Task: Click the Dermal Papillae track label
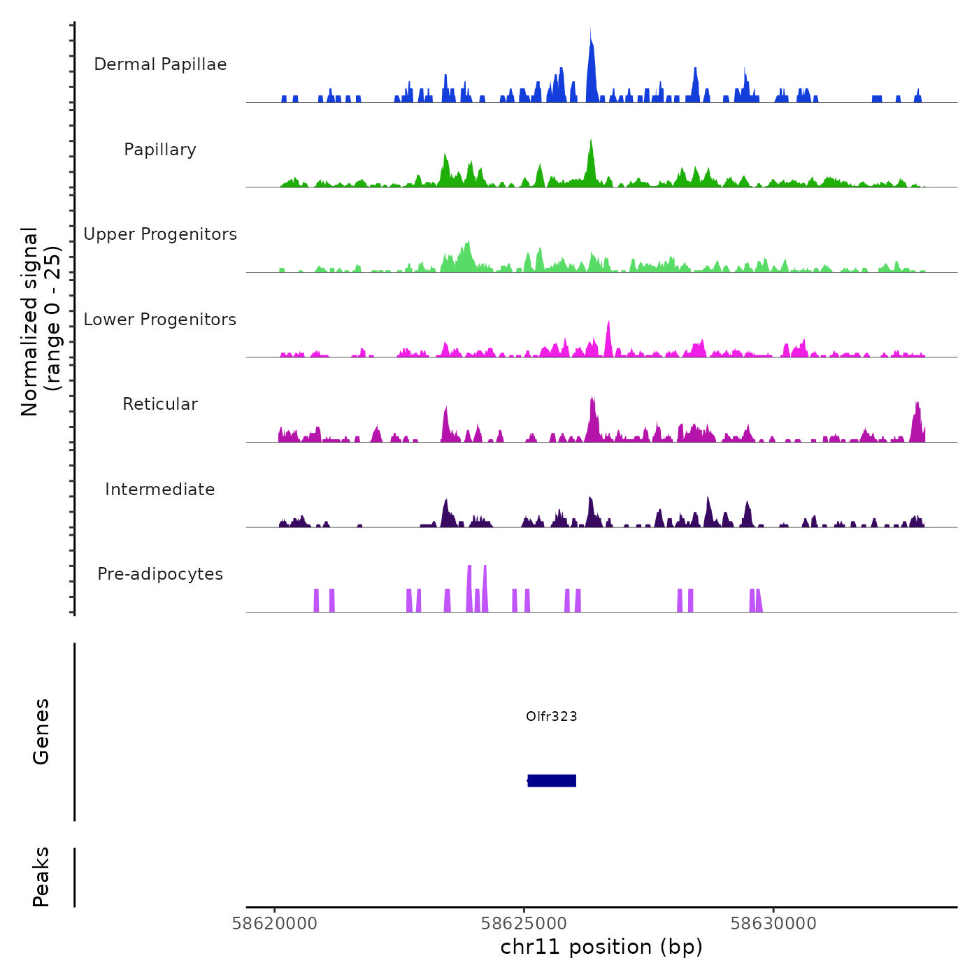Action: point(160,64)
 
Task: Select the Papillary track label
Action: point(160,150)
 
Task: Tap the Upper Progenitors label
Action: point(160,234)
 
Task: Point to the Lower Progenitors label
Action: point(160,320)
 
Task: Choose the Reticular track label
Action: point(160,404)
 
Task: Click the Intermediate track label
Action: point(160,489)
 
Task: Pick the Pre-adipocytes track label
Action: point(160,574)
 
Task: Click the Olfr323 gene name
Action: point(552,716)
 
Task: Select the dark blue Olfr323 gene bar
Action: point(552,780)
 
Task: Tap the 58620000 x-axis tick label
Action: point(275,924)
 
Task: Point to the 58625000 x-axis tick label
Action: point(524,924)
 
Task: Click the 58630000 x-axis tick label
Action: point(773,924)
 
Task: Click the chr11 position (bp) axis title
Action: point(601,947)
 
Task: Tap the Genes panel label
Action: point(41,731)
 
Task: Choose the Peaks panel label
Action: point(41,877)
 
